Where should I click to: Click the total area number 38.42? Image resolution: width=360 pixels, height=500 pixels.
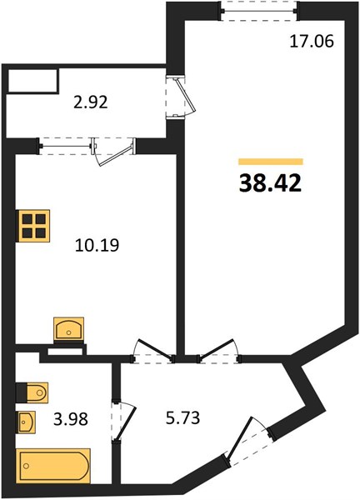pyautogui.click(x=270, y=184)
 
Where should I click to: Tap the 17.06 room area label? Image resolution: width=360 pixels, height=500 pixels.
pyautogui.click(x=312, y=42)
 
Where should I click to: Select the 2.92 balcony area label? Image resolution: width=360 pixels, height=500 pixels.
pyautogui.click(x=91, y=102)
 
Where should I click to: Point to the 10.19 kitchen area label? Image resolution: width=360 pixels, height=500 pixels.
pyautogui.click(x=97, y=246)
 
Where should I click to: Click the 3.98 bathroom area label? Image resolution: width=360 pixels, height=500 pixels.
pyautogui.click(x=71, y=418)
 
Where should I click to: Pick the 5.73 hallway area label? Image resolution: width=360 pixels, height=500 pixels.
pyautogui.click(x=182, y=418)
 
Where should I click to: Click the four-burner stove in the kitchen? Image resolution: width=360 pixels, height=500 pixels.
pyautogui.click(x=33, y=226)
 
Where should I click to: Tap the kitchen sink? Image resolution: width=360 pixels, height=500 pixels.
pyautogui.click(x=69, y=328)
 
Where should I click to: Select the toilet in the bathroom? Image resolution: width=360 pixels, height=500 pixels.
pyautogui.click(x=32, y=392)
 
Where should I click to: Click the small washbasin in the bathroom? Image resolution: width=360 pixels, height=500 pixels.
pyautogui.click(x=27, y=422)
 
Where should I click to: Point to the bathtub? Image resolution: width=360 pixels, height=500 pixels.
pyautogui.click(x=53, y=466)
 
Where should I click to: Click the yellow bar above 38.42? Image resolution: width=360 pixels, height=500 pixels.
pyautogui.click(x=271, y=162)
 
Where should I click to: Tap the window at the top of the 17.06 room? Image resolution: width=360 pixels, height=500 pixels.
pyautogui.click(x=259, y=11)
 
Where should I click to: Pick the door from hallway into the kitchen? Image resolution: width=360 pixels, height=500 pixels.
pyautogui.click(x=153, y=352)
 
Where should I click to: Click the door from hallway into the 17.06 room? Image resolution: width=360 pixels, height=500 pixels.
pyautogui.click(x=219, y=352)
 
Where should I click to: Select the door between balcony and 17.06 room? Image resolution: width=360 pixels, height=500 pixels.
pyautogui.click(x=181, y=97)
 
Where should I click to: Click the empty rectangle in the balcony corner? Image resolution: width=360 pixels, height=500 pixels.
pyautogui.click(x=32, y=81)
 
